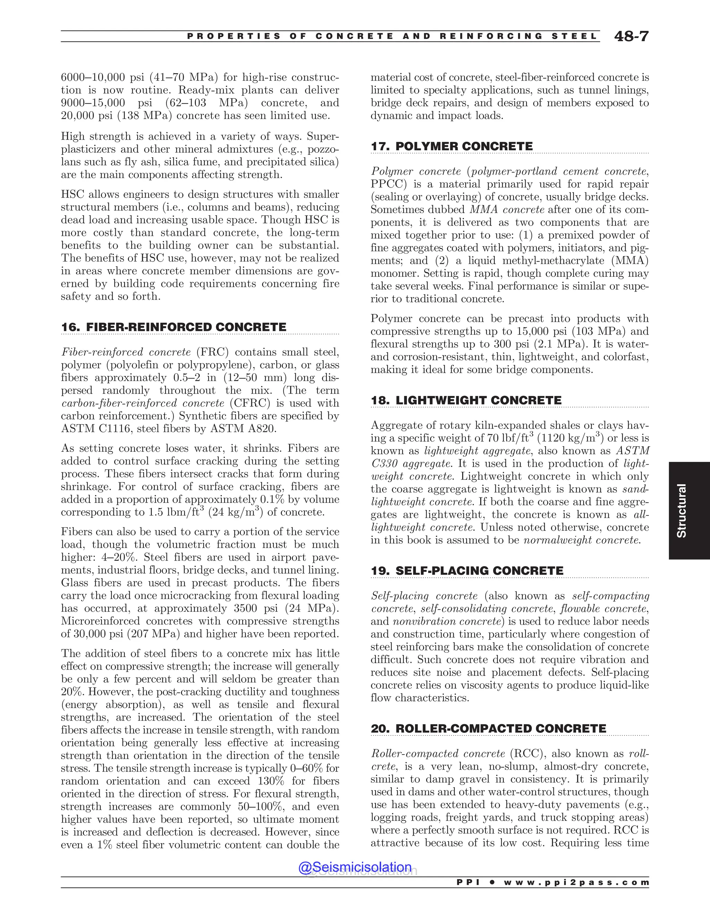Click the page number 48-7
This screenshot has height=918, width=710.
pyautogui.click(x=631, y=37)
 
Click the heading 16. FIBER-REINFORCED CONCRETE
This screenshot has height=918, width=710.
pyautogui.click(x=173, y=327)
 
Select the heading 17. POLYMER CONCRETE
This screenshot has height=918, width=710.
pyautogui.click(x=451, y=146)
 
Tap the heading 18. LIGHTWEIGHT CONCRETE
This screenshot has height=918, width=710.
pyautogui.click(x=466, y=400)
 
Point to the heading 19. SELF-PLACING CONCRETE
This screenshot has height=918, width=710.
pyautogui.click(x=467, y=571)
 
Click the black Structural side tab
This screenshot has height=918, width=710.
pyautogui.click(x=681, y=510)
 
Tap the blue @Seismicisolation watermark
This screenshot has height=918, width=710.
pyautogui.click(x=355, y=867)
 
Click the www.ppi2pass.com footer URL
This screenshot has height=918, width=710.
pyautogui.click(x=576, y=883)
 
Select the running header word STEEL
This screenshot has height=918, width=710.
pyautogui.click(x=574, y=37)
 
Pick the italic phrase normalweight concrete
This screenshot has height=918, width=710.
pyautogui.click(x=582, y=540)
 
